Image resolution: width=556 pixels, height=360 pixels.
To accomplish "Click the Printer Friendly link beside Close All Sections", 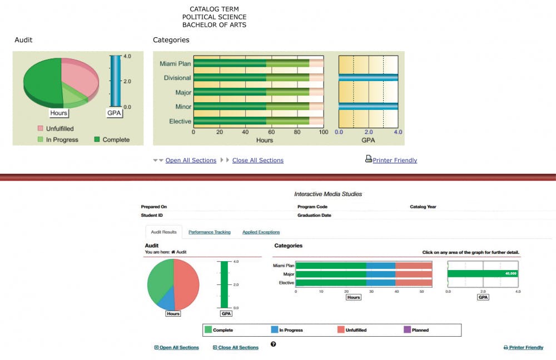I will (x=395, y=161).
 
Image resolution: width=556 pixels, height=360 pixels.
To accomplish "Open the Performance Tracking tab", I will (x=210, y=232).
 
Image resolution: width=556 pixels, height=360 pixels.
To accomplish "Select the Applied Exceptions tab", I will (x=261, y=232).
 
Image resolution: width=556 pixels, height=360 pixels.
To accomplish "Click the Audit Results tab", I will (x=163, y=232).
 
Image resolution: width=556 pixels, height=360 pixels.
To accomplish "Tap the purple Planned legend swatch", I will (x=407, y=330).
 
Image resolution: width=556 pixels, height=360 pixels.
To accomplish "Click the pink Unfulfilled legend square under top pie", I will (x=41, y=129).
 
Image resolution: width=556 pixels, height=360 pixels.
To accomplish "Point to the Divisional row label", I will (x=177, y=78).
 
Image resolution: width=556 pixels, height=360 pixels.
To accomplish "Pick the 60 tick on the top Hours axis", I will (x=271, y=133).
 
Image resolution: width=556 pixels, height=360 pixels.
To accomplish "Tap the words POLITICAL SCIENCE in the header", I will (x=214, y=17).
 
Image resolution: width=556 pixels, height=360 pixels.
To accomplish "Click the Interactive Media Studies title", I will (x=327, y=194).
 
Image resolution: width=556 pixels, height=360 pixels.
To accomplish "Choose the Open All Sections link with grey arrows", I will (x=191, y=161).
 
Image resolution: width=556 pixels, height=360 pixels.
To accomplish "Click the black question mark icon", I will (x=273, y=344).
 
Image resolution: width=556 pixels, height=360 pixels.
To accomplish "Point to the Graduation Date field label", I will (x=314, y=215).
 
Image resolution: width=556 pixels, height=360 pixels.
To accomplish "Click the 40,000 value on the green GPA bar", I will (x=510, y=273).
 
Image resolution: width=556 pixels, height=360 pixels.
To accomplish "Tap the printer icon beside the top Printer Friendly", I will (x=368, y=159).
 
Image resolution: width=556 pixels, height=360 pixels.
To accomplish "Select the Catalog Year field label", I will (x=423, y=207).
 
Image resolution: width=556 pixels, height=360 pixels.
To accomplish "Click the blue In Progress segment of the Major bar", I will (x=381, y=274).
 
